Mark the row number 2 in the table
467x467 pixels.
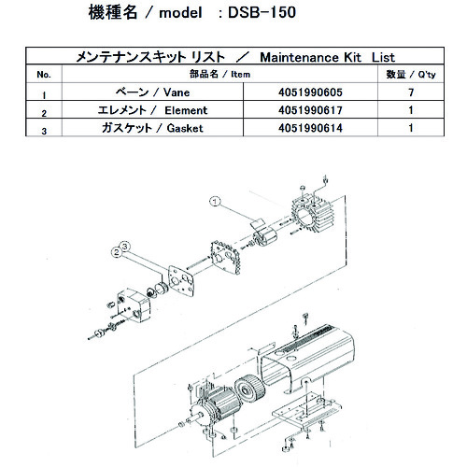(x=43, y=113)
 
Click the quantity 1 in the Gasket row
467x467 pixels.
(x=409, y=128)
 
